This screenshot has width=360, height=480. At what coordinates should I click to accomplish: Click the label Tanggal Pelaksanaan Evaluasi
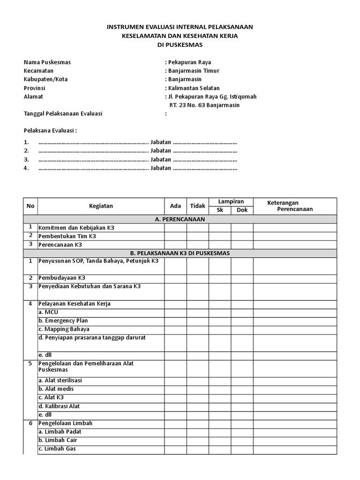(x=63, y=113)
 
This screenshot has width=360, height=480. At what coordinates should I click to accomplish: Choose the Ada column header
(x=175, y=206)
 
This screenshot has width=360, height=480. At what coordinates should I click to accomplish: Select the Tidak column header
(x=198, y=206)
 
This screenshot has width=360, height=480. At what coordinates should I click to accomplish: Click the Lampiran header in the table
(x=231, y=202)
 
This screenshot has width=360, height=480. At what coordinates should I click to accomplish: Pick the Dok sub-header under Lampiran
(x=242, y=210)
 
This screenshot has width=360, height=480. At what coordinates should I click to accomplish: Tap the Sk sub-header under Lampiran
(x=220, y=210)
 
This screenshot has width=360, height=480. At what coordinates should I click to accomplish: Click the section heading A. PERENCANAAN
(x=180, y=219)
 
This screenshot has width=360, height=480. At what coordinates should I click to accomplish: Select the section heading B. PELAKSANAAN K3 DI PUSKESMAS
(x=180, y=253)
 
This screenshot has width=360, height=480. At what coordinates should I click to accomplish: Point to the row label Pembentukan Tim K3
(x=67, y=236)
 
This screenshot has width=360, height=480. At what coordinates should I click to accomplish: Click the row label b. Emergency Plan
(x=63, y=321)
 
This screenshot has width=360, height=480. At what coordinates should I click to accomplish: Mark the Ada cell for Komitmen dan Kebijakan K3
(x=175, y=228)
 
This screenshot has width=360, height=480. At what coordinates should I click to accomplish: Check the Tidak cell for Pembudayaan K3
(x=198, y=277)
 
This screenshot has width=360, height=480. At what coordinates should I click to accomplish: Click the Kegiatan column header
(x=101, y=206)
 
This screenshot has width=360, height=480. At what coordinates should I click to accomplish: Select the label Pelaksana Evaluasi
(x=50, y=130)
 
